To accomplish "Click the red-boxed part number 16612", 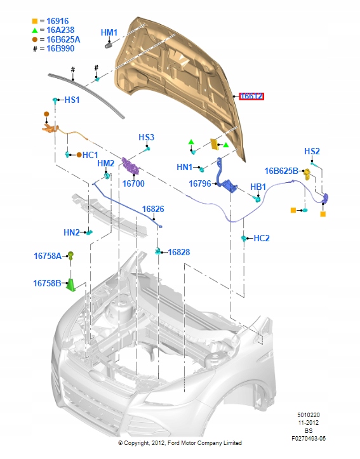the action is click(251, 96).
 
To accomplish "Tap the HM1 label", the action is click(109, 32).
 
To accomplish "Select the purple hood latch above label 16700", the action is click(131, 166).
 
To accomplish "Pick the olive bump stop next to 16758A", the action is click(70, 256).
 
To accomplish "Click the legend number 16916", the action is click(57, 21).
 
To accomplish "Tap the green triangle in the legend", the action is click(35, 30).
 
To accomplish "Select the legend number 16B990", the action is click(60, 49).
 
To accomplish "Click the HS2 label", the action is click(312, 151).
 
